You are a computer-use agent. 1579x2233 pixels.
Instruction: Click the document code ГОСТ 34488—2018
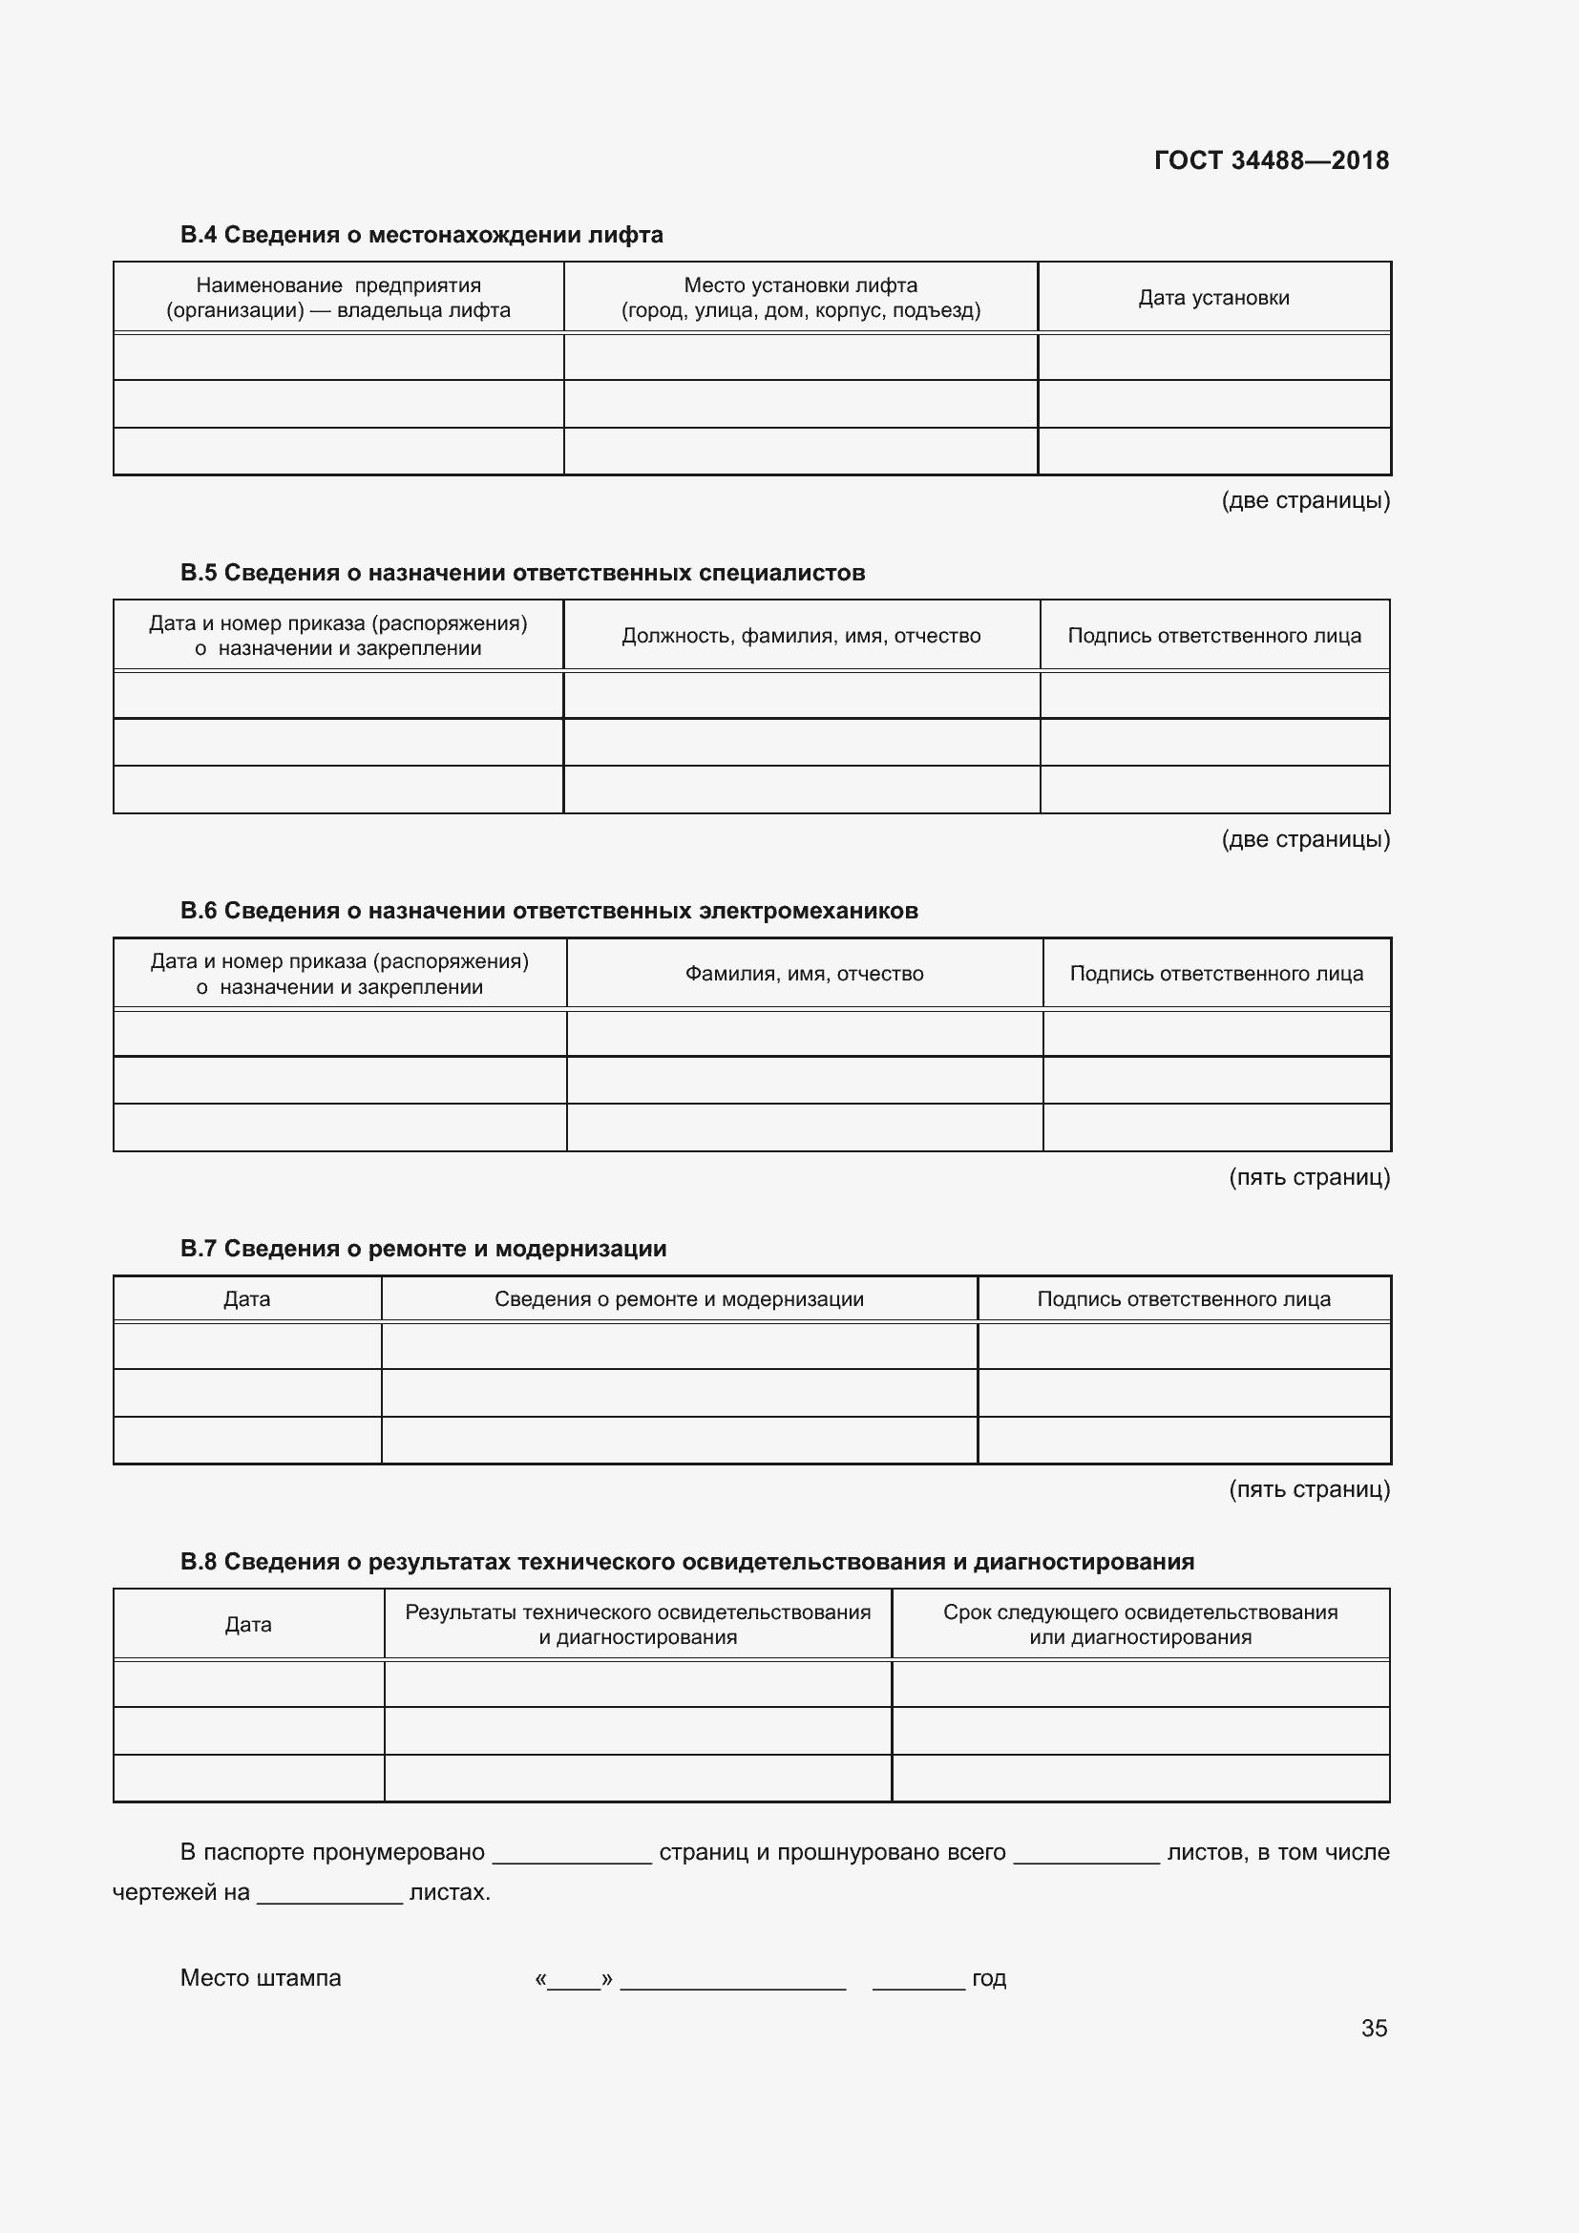(1271, 160)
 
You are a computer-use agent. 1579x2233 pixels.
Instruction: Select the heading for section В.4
(421, 235)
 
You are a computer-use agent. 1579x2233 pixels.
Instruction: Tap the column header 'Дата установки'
(1213, 298)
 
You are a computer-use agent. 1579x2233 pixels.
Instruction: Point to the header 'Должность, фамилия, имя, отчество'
(801, 636)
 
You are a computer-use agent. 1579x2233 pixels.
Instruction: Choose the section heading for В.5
(522, 573)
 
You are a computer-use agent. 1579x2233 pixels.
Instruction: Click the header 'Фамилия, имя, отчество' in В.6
(804, 974)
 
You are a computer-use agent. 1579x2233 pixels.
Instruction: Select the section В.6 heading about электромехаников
(548, 911)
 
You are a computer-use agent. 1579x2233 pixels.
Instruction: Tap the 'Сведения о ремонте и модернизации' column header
(679, 1299)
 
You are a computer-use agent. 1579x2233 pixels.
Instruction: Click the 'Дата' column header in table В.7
(247, 1299)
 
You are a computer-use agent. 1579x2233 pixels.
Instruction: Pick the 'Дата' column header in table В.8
(248, 1624)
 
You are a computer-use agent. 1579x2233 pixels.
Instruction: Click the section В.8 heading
(686, 1562)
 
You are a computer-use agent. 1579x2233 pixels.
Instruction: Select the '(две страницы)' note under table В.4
(1305, 501)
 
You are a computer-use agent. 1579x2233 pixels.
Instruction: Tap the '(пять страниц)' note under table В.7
(1309, 1489)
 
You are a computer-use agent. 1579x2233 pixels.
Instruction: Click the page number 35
(1374, 2028)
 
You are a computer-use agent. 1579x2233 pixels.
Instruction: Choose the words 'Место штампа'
(261, 1978)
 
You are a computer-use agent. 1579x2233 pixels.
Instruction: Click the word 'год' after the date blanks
(989, 1978)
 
